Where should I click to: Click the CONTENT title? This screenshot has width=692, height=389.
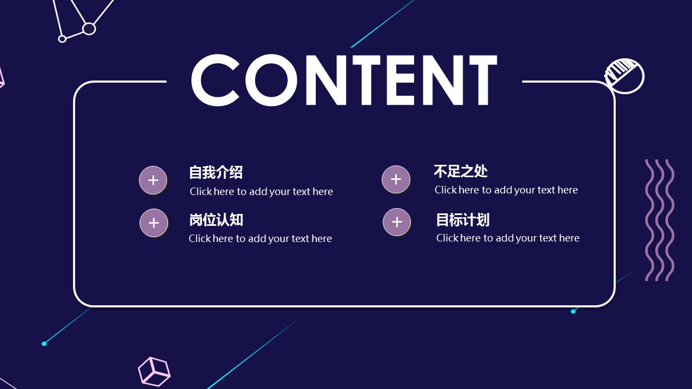(x=344, y=80)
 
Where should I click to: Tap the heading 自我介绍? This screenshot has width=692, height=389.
(x=216, y=172)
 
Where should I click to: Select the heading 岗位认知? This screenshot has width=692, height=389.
(x=216, y=220)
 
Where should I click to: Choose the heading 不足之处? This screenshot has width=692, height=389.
(x=461, y=171)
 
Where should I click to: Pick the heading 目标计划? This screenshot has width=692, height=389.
(x=463, y=220)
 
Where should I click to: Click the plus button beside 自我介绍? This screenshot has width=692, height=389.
(x=153, y=180)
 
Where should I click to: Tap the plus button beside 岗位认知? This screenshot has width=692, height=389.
(x=154, y=223)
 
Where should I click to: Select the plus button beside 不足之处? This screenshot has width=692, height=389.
(x=396, y=179)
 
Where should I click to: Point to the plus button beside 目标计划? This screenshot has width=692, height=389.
(x=397, y=222)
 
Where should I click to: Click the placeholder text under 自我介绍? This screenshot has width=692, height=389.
(x=261, y=192)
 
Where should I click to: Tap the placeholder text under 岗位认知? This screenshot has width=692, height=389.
(x=260, y=239)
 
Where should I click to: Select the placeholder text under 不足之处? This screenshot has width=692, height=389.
(x=506, y=190)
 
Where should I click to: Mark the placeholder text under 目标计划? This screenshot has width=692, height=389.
(x=508, y=238)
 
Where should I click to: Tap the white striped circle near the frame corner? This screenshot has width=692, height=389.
(x=624, y=76)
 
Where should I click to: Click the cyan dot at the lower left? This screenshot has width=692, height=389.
(x=44, y=344)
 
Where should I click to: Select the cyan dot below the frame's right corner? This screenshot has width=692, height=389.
(x=573, y=312)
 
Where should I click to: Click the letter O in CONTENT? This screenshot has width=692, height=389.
(x=271, y=81)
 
